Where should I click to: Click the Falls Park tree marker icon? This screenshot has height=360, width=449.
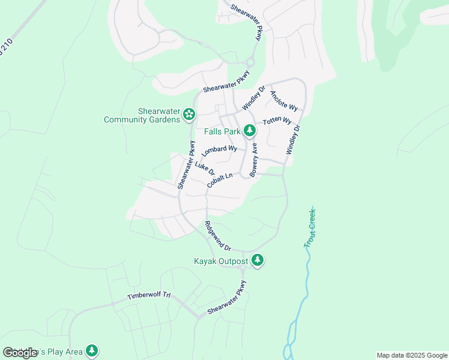(250, 131)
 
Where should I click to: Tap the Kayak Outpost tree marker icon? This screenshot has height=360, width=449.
(258, 261)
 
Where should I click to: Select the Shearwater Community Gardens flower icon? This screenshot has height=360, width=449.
(188, 113)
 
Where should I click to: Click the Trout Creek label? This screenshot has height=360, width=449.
(310, 227)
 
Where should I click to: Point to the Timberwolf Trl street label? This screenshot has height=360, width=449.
(149, 296)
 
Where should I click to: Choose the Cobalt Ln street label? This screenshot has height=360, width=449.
(219, 181)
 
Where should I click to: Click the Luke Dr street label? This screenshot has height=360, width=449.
(204, 169)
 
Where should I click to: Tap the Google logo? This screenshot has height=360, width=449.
(20, 353)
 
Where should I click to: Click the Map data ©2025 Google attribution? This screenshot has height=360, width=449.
(412, 355)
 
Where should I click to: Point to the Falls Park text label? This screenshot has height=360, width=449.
(221, 131)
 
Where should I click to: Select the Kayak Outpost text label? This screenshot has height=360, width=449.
(220, 262)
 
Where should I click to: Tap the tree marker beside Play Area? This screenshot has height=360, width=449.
(91, 350)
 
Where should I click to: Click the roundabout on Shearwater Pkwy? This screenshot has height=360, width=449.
(250, 62)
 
